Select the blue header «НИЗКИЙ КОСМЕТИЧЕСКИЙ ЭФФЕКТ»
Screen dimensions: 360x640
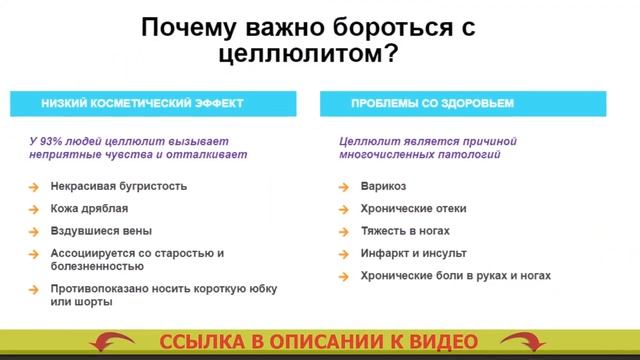click(x=141, y=103)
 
